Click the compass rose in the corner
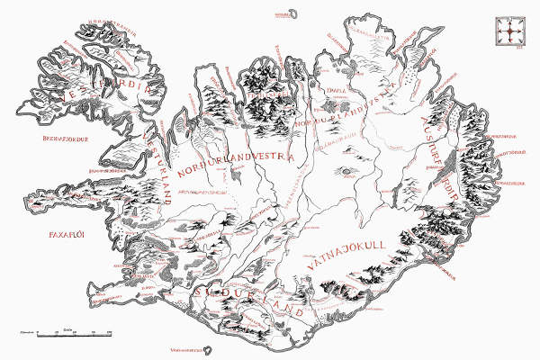[509, 32]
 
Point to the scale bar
[63, 334]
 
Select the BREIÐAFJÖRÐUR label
[71, 139]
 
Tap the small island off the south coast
[210, 352]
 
